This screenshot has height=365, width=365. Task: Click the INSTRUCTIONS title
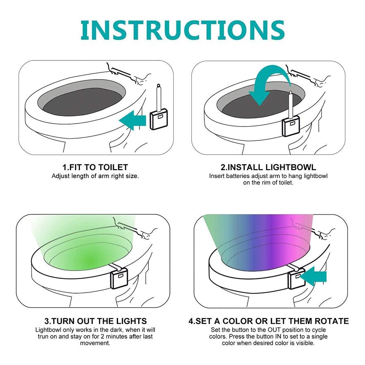(x=182, y=30)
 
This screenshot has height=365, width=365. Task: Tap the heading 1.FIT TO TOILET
(x=95, y=167)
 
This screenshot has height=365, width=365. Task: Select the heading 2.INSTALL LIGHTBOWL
(x=268, y=167)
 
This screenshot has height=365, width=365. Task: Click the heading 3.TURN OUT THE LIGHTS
(x=95, y=321)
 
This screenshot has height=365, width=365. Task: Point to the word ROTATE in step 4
(x=332, y=321)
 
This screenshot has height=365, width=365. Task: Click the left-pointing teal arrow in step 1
(x=132, y=120)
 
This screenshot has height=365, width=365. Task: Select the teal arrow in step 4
(x=313, y=276)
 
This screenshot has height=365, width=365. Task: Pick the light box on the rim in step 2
(x=290, y=127)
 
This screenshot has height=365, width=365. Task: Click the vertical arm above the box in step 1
(x=159, y=97)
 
